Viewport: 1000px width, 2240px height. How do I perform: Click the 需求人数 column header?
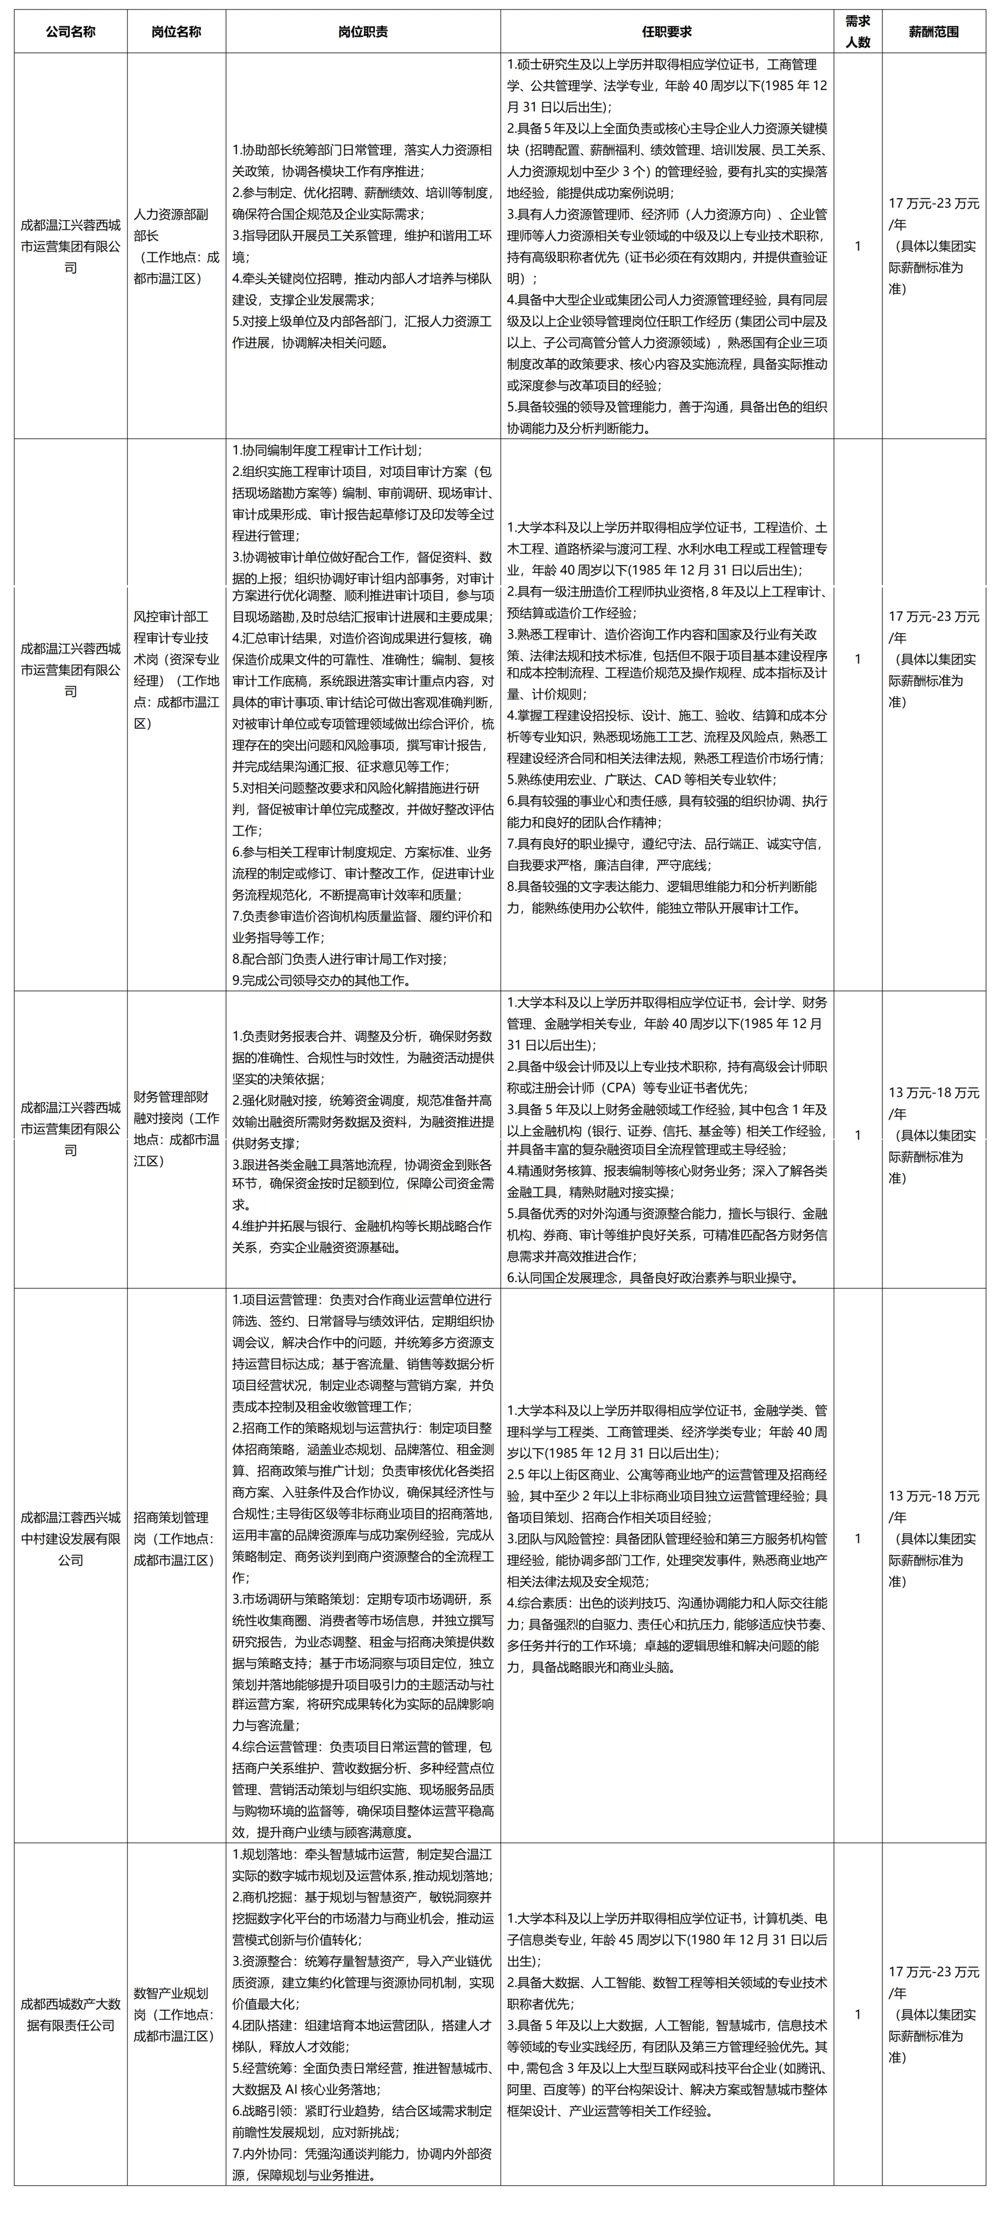coord(858,31)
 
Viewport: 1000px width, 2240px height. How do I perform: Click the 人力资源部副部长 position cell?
coord(176,246)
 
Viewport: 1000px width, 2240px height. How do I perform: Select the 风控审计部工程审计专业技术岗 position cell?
coord(176,670)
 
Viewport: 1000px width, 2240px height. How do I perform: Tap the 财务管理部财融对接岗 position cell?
coord(176,1129)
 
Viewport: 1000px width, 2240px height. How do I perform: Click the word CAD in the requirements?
coord(668,780)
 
